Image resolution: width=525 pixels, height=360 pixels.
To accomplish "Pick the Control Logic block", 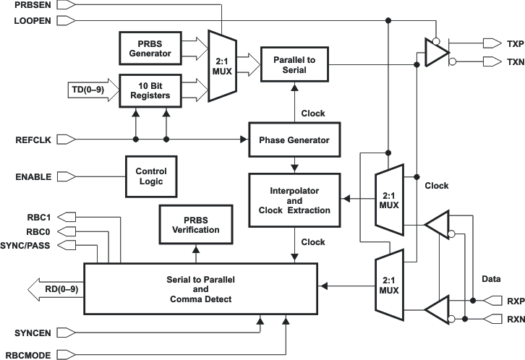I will [150, 176].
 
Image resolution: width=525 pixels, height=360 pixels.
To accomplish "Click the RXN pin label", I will [513, 318].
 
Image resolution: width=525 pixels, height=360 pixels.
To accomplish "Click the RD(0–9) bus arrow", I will [54, 291].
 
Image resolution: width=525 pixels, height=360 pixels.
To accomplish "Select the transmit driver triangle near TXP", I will [436, 52].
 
